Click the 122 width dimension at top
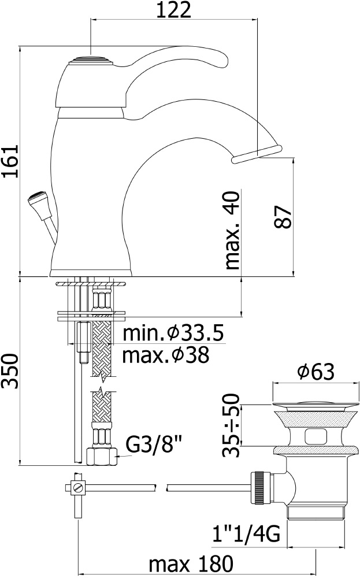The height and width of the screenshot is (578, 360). click(174, 10)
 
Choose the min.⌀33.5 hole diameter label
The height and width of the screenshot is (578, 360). click(172, 334)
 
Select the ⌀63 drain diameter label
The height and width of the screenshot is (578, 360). click(316, 373)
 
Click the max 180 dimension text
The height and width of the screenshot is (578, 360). click(190, 564)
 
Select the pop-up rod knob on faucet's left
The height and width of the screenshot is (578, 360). click(35, 202)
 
